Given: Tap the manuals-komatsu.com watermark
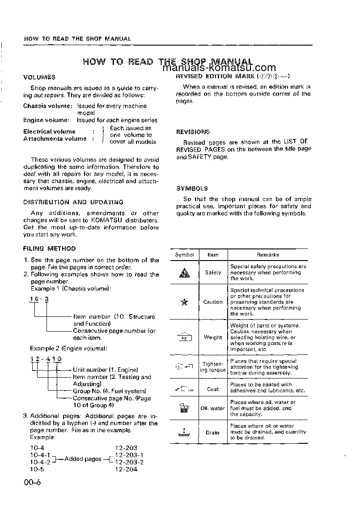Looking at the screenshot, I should coord(219,68).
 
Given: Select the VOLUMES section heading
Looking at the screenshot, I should coord(39,77).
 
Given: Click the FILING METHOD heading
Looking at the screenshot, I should coord(49,248).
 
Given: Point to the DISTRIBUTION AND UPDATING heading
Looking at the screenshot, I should coord(73,202).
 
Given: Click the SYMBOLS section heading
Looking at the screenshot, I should coord(192,189).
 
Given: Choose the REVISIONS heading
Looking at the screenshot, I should coord(193,132).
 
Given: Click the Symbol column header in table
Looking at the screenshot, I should coord(184,255).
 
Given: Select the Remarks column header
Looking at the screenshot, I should coord(268,255).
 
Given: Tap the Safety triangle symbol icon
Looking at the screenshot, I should coord(184,273).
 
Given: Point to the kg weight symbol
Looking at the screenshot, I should coord(184,337).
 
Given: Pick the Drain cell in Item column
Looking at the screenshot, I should coord(213,433).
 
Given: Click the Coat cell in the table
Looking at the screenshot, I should coord(213,389).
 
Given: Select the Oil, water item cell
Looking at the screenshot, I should coord(213,408).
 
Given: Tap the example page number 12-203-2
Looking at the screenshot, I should coord(129,462).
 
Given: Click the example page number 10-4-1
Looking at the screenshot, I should coord(39,455).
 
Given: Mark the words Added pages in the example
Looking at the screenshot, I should coord(83,459).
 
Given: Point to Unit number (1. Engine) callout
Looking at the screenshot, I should coord(106,370).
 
